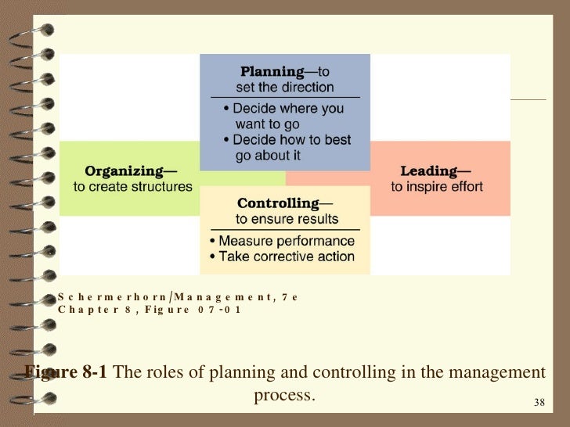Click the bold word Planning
point(272,72)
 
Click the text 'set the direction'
point(285,88)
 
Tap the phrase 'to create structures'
point(132,186)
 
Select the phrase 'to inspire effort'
point(437,186)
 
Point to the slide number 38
point(539,403)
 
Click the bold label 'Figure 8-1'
point(66,371)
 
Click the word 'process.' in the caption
point(284,395)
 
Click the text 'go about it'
point(268,156)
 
